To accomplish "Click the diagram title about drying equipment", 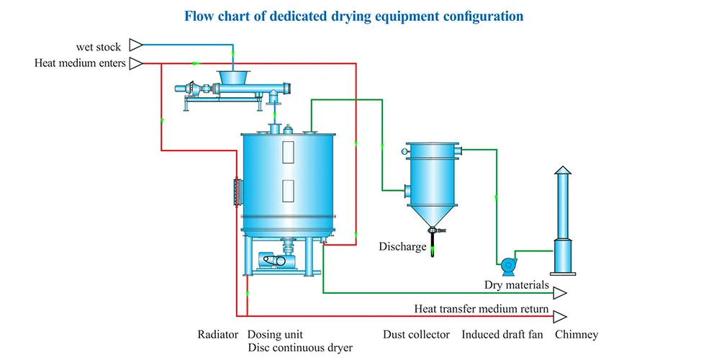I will pyautogui.click(x=354, y=15).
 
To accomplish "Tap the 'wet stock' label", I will pyautogui.click(x=99, y=48).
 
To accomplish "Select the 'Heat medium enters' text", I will pyautogui.click(x=80, y=63).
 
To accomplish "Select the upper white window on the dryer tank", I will pyautogui.click(x=289, y=151).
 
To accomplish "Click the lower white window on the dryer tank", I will pyautogui.click(x=289, y=189).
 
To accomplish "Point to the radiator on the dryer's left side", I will pyautogui.click(x=237, y=190).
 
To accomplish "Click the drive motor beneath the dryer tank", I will pyautogui.click(x=267, y=260).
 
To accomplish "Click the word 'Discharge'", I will pyautogui.click(x=403, y=247).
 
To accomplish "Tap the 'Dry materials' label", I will pyautogui.click(x=517, y=285).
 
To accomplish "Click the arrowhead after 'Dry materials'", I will pyautogui.click(x=559, y=292).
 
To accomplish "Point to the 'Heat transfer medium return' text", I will pyautogui.click(x=482, y=309).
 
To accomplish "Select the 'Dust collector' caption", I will pyautogui.click(x=417, y=335).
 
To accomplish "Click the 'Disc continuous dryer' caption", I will pyautogui.click(x=300, y=348).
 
